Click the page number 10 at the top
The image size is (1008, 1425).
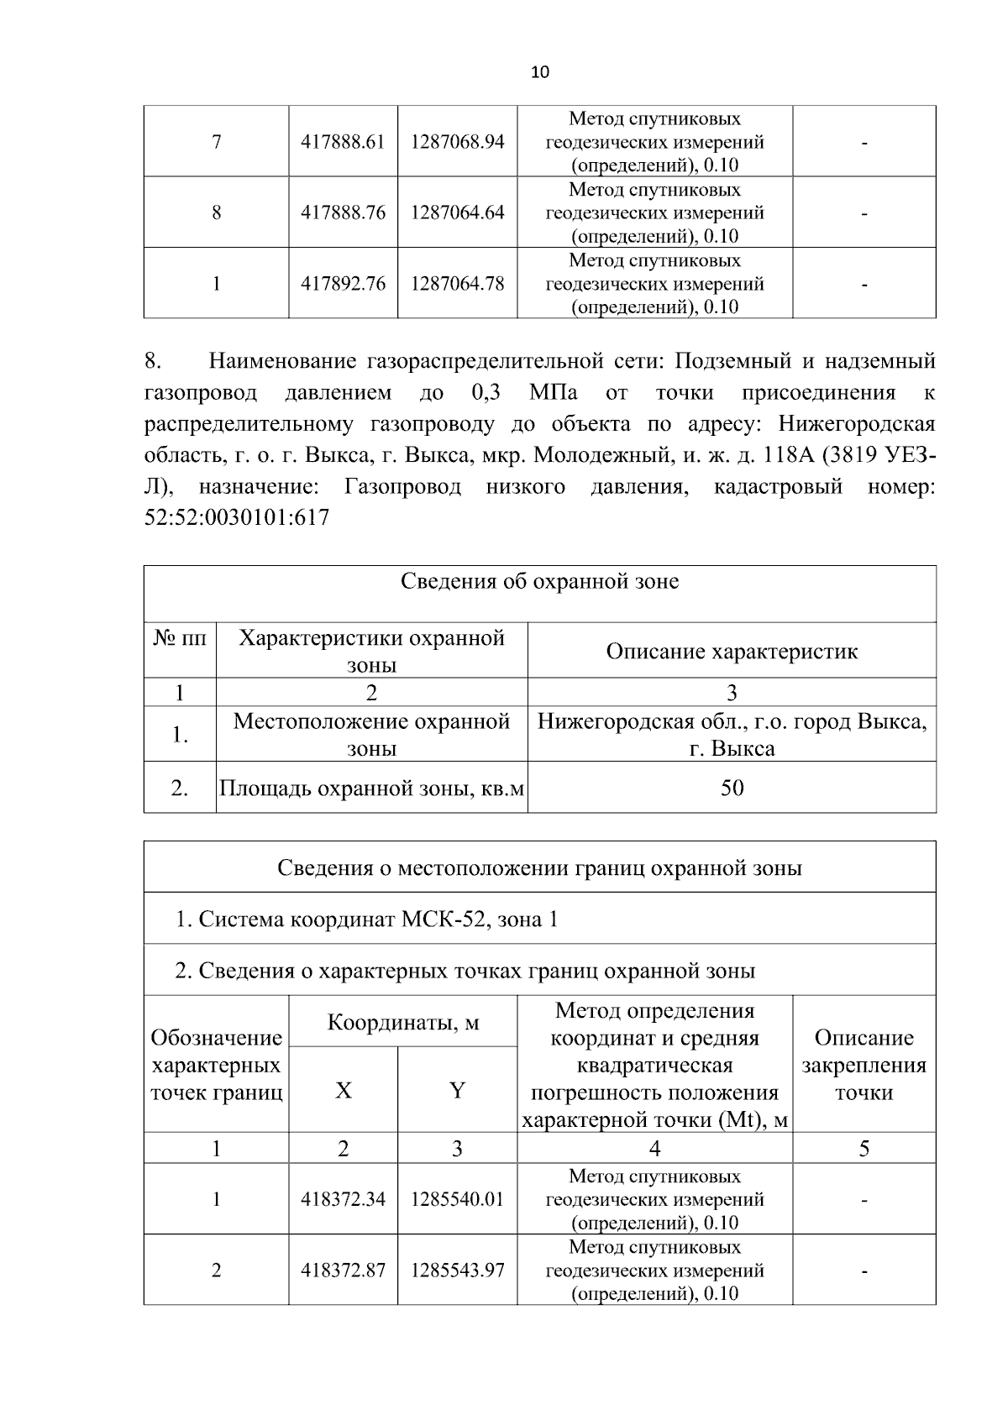pos(539,72)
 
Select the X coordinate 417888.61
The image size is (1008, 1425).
pos(343,142)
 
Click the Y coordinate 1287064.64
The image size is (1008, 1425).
pos(457,212)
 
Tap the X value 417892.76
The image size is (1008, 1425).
pos(343,284)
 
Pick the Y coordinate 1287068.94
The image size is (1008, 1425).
pos(457,142)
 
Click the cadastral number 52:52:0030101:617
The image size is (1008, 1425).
pos(237,518)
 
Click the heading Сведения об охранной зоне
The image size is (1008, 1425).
pos(539,581)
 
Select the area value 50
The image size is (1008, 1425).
pos(732,788)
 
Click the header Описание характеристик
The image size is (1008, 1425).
pos(732,652)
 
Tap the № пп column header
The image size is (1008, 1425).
pos(180,638)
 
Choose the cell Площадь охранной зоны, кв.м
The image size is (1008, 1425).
pos(371,788)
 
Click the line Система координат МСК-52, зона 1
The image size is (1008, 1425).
pos(366,919)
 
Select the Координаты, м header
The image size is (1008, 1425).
pos(402,1023)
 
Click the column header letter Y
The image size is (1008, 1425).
pos(457,1091)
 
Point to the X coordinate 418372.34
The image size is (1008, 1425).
pos(343,1199)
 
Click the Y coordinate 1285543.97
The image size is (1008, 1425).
pos(457,1270)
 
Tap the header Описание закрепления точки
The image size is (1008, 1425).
pos(864,1065)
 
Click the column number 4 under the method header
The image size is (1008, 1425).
pos(654,1149)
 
